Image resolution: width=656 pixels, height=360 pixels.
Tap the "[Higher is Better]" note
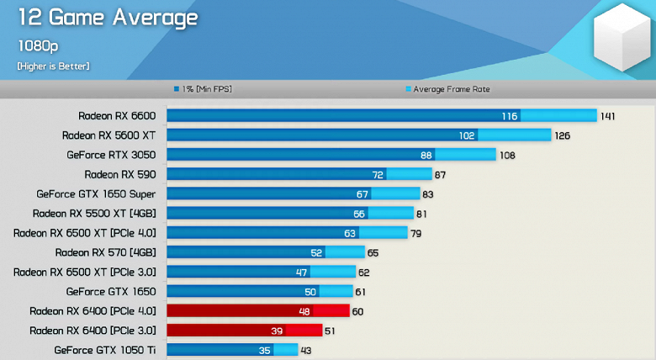(53, 66)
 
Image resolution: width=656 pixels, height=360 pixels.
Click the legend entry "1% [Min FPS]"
(204, 89)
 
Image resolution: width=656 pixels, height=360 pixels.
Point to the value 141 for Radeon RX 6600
(608, 116)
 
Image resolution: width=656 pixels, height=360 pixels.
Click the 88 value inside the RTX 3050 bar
(426, 155)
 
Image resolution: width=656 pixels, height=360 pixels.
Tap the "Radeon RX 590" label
(120, 174)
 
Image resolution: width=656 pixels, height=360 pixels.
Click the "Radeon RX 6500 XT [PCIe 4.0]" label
(85, 233)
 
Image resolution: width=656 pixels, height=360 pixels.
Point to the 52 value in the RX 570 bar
(316, 252)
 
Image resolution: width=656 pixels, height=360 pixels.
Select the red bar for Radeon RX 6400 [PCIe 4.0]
(257, 310)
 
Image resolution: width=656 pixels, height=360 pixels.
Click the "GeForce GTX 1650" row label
(111, 291)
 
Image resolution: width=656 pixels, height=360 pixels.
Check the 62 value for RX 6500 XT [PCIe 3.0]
(363, 272)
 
